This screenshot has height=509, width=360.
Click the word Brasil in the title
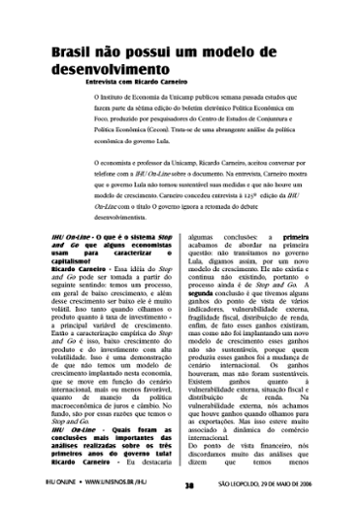[68, 52]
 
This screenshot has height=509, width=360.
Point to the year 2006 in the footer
[337, 484]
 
